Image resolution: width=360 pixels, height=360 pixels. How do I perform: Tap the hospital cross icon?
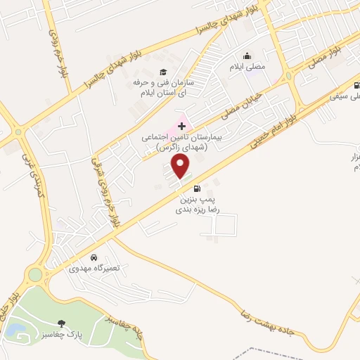(181, 125)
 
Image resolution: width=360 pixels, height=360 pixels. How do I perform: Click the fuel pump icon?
(196, 188)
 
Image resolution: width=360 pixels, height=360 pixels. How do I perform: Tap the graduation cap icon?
(164, 72)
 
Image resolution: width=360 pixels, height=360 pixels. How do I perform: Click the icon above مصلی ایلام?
(247, 56)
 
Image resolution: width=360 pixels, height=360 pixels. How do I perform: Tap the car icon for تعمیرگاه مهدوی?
(95, 257)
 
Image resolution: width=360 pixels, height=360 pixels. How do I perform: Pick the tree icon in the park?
(63, 324)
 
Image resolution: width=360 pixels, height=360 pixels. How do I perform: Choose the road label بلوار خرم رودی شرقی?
(105, 190)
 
